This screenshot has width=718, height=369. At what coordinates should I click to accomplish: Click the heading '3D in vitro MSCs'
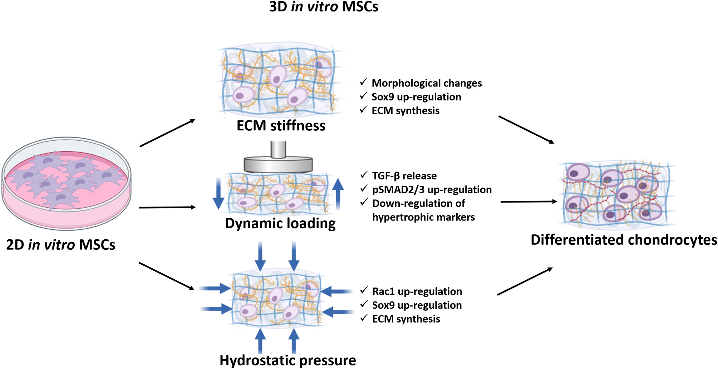point(323,7)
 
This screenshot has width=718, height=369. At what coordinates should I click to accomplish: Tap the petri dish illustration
point(67,183)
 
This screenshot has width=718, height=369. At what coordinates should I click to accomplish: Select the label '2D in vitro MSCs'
point(61,245)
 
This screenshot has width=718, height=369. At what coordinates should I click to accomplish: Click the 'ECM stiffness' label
point(281,126)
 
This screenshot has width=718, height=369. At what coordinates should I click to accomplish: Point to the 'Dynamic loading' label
point(280,224)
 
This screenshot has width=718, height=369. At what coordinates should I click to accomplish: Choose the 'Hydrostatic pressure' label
point(287,360)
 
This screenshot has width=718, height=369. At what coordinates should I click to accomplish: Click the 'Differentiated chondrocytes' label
point(624,240)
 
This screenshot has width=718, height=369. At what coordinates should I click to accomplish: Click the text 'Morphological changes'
point(427,83)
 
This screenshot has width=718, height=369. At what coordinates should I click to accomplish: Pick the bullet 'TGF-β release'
point(404,176)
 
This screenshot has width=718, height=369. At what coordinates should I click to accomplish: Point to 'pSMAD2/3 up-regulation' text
point(432,190)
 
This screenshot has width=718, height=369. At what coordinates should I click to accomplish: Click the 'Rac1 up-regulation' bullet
point(417,291)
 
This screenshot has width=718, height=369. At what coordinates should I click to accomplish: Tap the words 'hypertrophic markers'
point(423,217)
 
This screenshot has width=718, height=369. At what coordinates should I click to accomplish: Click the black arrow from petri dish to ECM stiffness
point(167,133)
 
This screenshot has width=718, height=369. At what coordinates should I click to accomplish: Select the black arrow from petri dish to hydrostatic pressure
point(167,276)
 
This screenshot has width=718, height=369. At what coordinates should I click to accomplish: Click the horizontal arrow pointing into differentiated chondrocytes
point(528,202)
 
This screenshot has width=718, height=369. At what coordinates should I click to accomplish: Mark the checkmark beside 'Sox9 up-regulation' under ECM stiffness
point(364,96)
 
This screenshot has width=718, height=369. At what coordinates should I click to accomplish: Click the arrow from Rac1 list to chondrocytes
point(525,281)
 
